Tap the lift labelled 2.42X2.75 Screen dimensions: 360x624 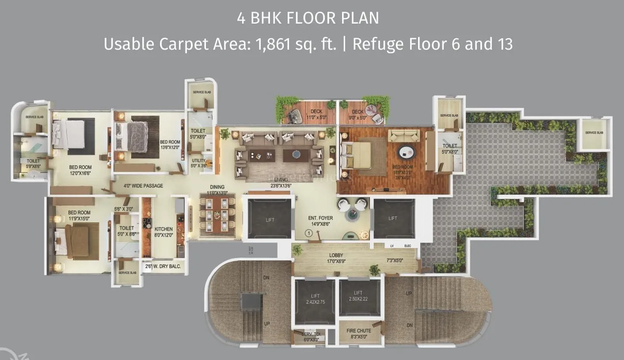click(315, 299)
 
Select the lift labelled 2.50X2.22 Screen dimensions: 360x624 click(358, 296)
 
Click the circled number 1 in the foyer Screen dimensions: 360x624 click(308, 233)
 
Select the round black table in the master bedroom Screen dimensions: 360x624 click(407, 153)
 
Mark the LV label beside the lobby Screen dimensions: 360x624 click(392, 246)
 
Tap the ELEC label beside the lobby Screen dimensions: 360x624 click(407, 246)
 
